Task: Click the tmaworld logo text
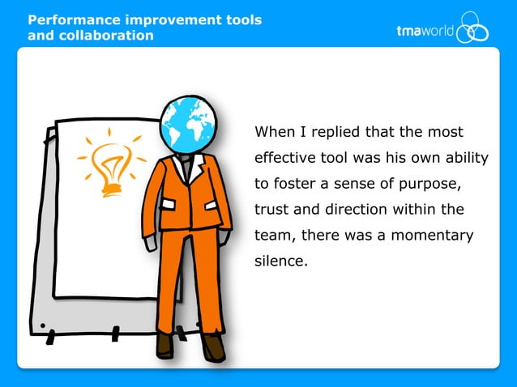[x=425, y=32]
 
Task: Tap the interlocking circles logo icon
[x=472, y=30]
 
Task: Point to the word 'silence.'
[x=281, y=262]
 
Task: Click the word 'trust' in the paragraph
[x=272, y=209]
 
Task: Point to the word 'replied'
[x=333, y=131]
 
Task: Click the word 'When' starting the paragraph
[x=275, y=131]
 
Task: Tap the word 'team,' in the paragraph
[x=276, y=236]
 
